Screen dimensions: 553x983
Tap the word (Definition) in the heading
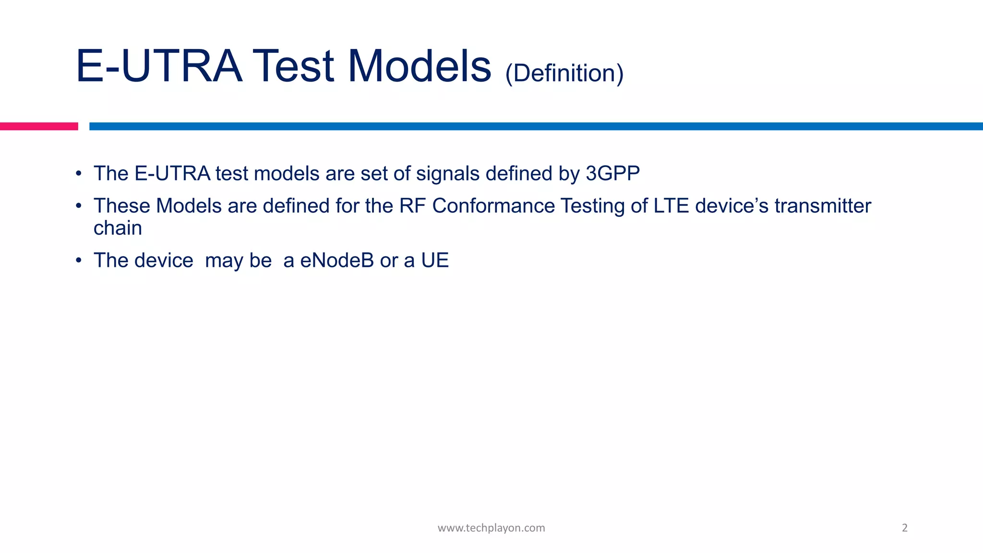click(564, 73)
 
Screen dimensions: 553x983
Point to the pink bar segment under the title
click(38, 126)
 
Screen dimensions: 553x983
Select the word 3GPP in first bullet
click(612, 173)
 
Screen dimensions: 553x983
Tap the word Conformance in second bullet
click(493, 206)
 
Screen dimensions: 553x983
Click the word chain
click(118, 228)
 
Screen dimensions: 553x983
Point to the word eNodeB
click(336, 260)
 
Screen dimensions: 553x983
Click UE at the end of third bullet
click(435, 260)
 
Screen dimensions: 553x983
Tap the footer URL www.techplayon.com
click(491, 528)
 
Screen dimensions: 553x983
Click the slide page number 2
click(905, 528)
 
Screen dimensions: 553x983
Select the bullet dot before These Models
click(79, 206)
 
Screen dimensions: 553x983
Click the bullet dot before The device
click(79, 261)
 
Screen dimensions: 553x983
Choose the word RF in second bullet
click(412, 206)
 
